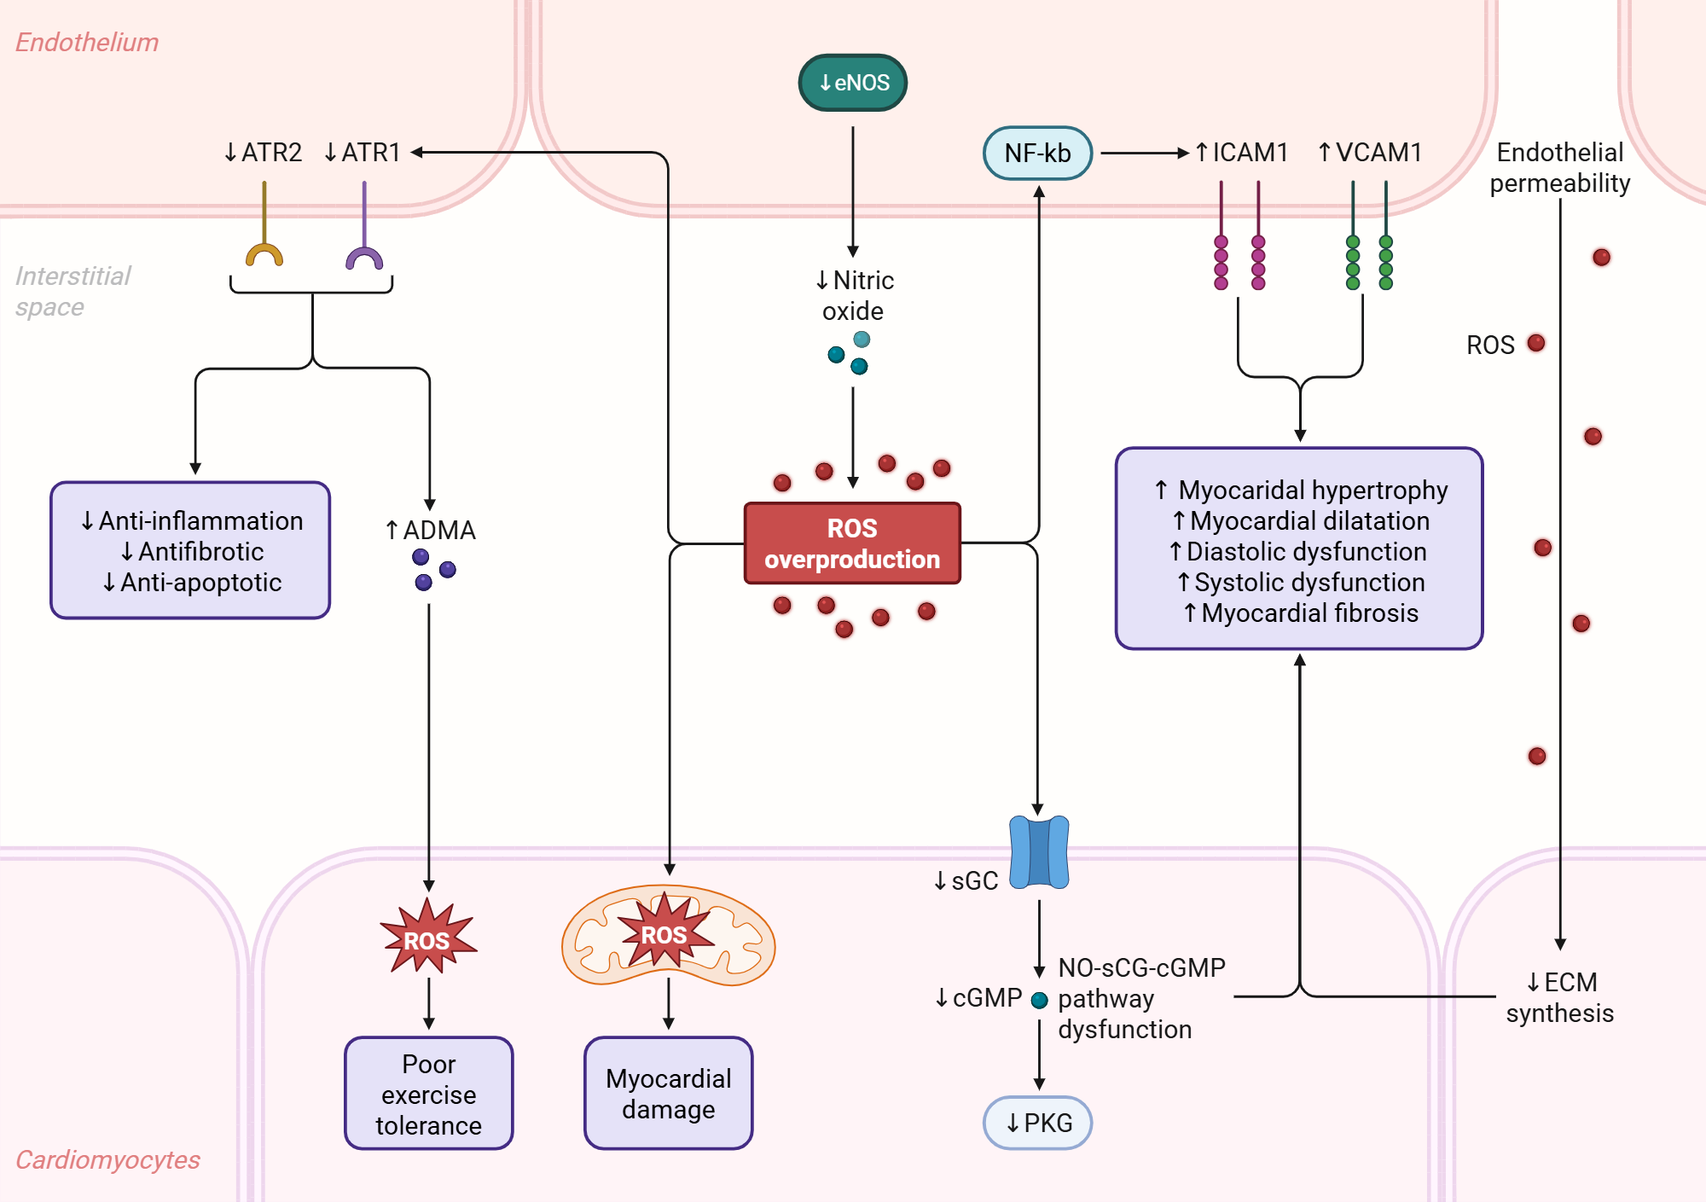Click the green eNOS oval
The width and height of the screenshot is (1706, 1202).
pyautogui.click(x=852, y=83)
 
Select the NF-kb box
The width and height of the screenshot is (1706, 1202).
pyautogui.click(x=1037, y=154)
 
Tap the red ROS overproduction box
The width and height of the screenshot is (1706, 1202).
pyautogui.click(x=852, y=543)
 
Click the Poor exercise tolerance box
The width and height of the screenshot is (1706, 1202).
pyautogui.click(x=428, y=1094)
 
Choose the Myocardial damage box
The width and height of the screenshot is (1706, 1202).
pyautogui.click(x=668, y=1094)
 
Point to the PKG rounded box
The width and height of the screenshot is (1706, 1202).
pyautogui.click(x=1037, y=1123)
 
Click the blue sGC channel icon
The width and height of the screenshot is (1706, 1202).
pyautogui.click(x=1038, y=852)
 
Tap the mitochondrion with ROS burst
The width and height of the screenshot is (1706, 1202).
pyautogui.click(x=668, y=936)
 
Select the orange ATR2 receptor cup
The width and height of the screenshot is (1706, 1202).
pyautogui.click(x=264, y=255)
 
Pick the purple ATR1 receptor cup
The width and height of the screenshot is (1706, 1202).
pyautogui.click(x=364, y=258)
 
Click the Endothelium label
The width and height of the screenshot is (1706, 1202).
pyautogui.click(x=87, y=43)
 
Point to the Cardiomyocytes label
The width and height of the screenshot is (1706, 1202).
pyautogui.click(x=107, y=1160)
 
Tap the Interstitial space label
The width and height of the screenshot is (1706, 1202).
pyautogui.click(x=73, y=291)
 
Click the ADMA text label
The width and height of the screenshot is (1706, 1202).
pyautogui.click(x=431, y=531)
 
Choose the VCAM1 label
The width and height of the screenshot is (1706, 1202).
pyautogui.click(x=1370, y=153)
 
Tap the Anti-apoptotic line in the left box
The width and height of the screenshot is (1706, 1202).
pyautogui.click(x=192, y=583)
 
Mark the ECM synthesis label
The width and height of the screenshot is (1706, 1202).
pyautogui.click(x=1559, y=997)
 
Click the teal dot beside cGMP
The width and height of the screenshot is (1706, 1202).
pyautogui.click(x=1039, y=1001)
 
